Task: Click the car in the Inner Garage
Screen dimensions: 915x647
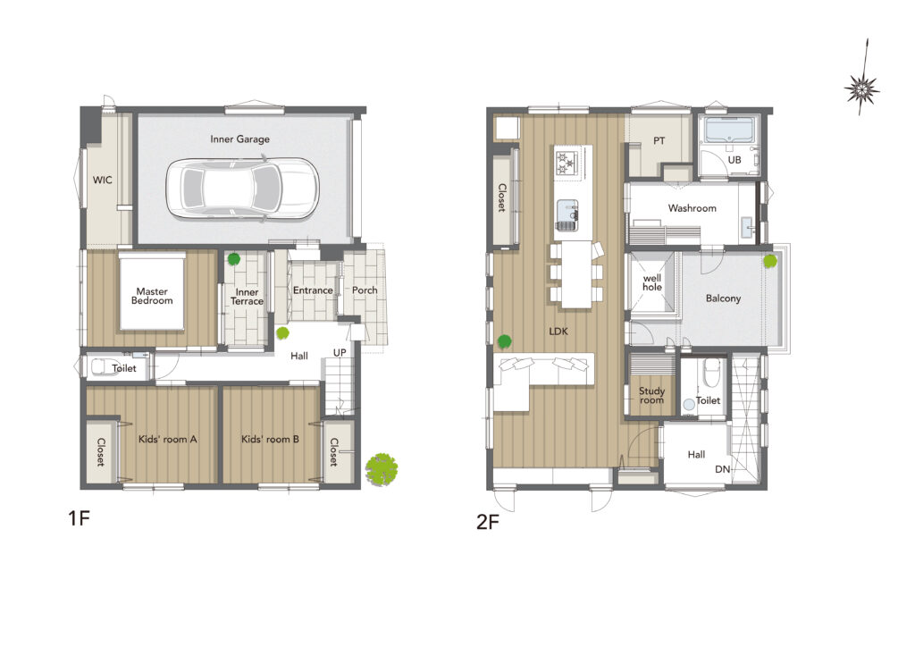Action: click(242, 189)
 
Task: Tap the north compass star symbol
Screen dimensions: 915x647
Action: click(861, 88)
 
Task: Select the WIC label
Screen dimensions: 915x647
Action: click(102, 180)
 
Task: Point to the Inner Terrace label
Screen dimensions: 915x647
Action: click(247, 297)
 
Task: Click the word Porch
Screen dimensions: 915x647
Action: click(365, 290)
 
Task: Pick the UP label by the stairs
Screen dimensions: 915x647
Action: click(340, 353)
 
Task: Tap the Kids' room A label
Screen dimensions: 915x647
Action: click(167, 439)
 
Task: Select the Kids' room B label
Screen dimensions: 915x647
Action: click(270, 439)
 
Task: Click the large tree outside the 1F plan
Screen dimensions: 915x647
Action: click(382, 470)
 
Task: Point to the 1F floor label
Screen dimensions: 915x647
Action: click(79, 518)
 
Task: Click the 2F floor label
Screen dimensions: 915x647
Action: click(488, 522)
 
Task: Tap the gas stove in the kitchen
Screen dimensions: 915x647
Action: click(566, 162)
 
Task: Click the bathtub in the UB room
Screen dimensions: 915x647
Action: click(729, 130)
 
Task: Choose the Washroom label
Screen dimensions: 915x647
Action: click(693, 207)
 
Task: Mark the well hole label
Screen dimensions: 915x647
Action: click(651, 283)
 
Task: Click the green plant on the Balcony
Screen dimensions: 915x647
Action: click(770, 261)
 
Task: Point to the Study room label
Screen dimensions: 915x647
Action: click(651, 396)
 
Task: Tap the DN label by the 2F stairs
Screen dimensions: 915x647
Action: click(722, 469)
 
